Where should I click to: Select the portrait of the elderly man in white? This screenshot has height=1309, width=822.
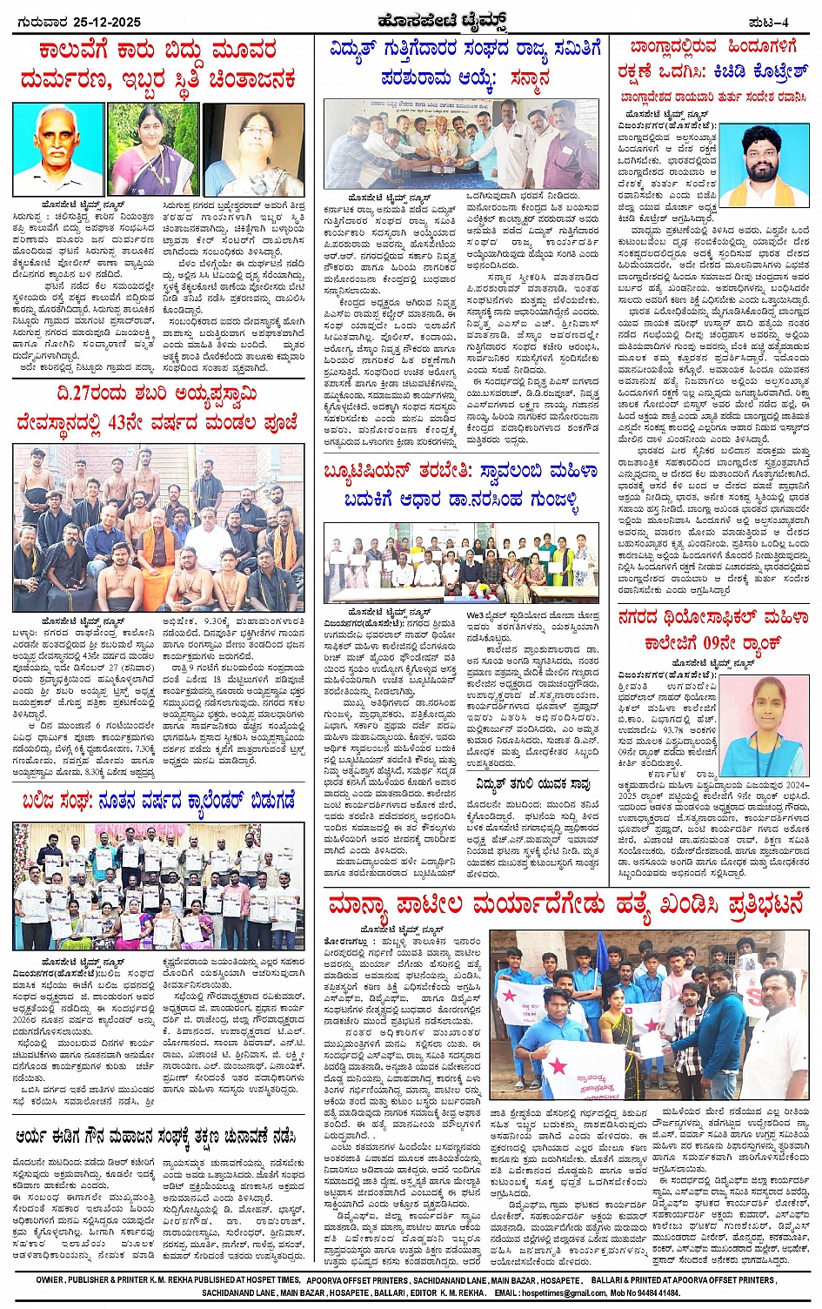(x=59, y=149)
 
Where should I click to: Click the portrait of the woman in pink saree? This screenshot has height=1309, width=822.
(x=154, y=149)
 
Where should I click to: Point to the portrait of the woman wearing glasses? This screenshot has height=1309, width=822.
(x=253, y=149)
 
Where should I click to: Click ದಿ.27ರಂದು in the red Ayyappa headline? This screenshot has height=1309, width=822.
(x=91, y=394)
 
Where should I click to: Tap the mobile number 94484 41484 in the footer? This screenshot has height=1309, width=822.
(x=653, y=1293)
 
